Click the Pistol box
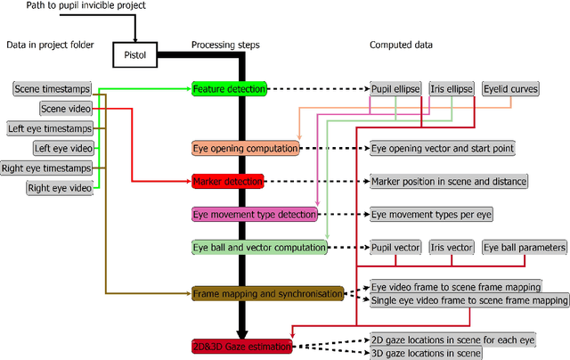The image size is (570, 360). [x=134, y=56]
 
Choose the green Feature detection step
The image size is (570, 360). [x=230, y=89]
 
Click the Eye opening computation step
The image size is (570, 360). [x=246, y=148]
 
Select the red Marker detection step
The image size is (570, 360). [x=227, y=181]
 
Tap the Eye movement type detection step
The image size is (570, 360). [x=254, y=214]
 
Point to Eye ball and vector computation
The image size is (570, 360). [x=259, y=247]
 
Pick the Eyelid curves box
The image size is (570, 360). [x=510, y=89]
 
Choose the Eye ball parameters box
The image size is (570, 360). [x=524, y=247]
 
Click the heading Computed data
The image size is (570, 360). [x=404, y=45]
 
